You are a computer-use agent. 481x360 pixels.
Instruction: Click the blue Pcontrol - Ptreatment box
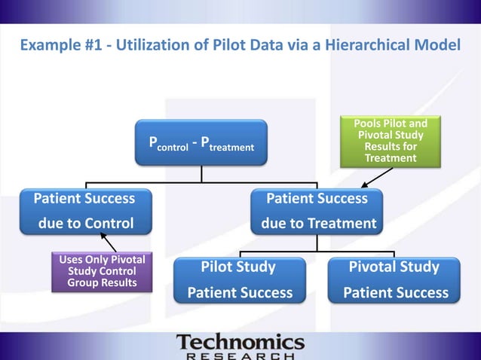pos(201,142)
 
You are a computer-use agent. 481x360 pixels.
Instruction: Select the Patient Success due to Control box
pos(84,211)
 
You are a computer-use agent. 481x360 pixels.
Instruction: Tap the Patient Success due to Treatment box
pos(317,211)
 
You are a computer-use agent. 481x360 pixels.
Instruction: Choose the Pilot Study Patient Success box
pos(239,280)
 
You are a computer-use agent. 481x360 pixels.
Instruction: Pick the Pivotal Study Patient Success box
pos(394,280)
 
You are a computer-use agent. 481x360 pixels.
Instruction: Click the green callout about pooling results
pos(390,141)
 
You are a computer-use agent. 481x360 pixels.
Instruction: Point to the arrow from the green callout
pos(376,177)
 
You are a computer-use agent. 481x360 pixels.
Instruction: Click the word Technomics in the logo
pos(240,343)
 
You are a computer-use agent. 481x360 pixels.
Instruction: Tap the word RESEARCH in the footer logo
pos(240,355)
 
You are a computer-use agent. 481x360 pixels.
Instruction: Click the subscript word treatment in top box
pos(231,148)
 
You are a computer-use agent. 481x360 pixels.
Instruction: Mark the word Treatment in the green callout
pos(390,158)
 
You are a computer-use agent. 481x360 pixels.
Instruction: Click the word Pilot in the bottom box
pos(218,267)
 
